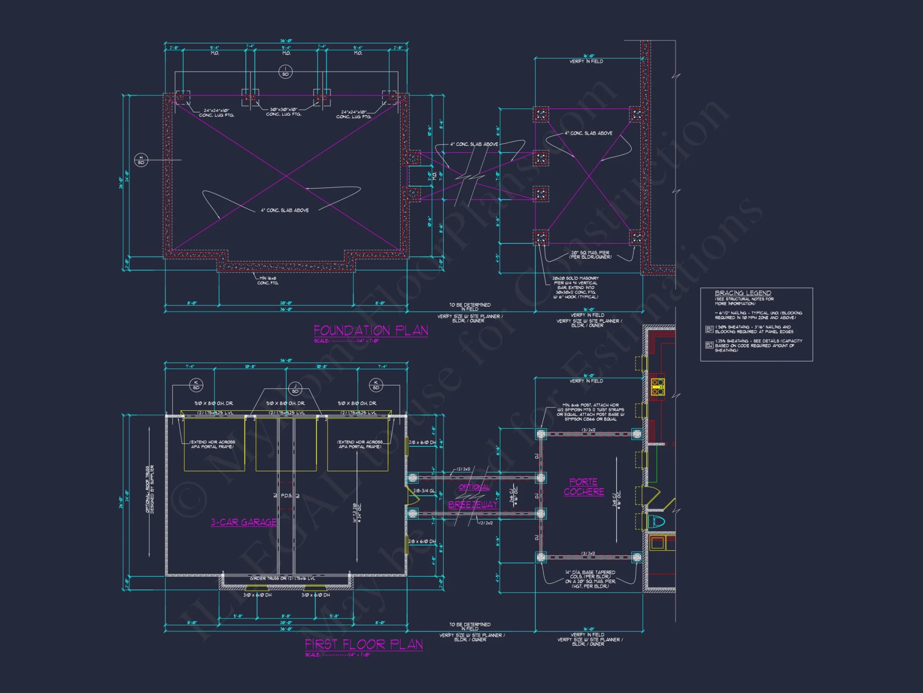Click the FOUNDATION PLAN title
[x=371, y=330]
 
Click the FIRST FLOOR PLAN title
[x=364, y=644]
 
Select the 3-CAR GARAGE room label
[x=244, y=522]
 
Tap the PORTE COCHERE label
[x=584, y=487]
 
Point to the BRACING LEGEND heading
[x=743, y=293]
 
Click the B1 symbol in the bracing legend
[x=709, y=329]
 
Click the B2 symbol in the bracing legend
[x=709, y=345]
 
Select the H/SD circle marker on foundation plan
[x=141, y=160]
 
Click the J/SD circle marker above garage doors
[x=295, y=389]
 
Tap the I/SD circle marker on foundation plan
[x=286, y=72]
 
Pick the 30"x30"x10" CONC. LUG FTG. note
[x=283, y=112]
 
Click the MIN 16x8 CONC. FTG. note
[x=268, y=280]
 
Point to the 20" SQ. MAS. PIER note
[x=590, y=255]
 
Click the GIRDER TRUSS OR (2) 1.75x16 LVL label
[x=282, y=578]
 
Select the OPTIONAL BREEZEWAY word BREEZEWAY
[x=473, y=505]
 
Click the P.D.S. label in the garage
[x=286, y=495]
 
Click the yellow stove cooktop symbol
[x=658, y=387]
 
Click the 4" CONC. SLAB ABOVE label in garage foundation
[x=285, y=210]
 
